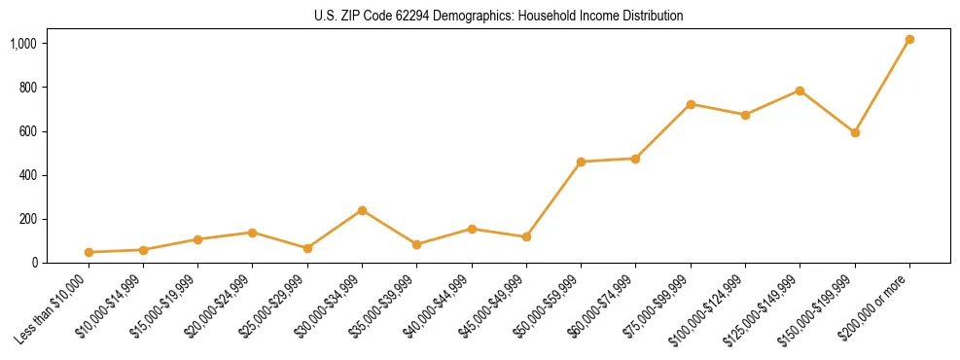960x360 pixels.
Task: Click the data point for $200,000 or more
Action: tap(909, 40)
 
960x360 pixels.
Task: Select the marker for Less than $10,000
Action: tap(89, 252)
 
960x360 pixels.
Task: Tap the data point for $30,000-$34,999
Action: tap(362, 210)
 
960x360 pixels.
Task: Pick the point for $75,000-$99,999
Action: tap(691, 104)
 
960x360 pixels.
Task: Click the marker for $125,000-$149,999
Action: tap(800, 90)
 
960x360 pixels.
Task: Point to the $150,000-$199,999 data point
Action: tap(855, 132)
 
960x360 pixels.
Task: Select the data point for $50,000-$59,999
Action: tap(581, 162)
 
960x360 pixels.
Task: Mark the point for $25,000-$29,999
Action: tap(307, 248)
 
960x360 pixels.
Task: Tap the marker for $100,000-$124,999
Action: tap(745, 115)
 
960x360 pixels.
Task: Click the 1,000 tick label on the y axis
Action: tap(24, 44)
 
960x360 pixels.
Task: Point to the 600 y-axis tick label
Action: tap(28, 131)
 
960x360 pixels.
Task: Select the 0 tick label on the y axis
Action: tap(34, 263)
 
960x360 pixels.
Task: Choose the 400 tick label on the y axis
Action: tap(28, 175)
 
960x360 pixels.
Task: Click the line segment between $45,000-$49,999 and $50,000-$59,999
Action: tap(553, 199)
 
